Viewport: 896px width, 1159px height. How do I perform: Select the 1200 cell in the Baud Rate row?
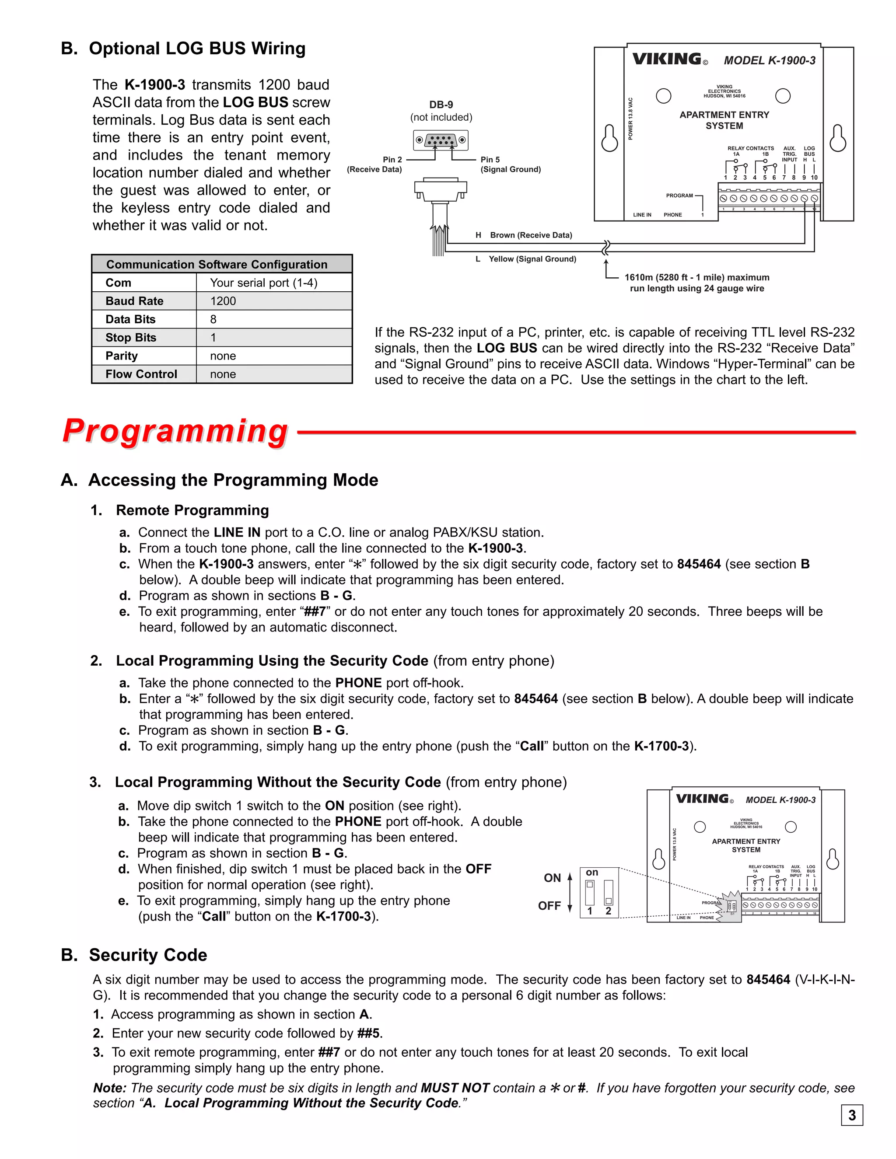(x=223, y=301)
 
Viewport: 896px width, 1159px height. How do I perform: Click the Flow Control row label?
(x=141, y=374)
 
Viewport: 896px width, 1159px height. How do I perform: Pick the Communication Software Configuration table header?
(x=217, y=264)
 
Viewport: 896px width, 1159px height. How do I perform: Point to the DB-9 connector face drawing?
(x=441, y=140)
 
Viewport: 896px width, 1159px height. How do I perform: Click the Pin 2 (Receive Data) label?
(x=375, y=164)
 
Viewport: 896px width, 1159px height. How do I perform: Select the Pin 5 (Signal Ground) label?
(x=510, y=164)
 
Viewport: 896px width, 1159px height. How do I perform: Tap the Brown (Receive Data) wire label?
(x=530, y=235)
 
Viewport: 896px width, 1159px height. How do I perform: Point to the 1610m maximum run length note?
(x=696, y=283)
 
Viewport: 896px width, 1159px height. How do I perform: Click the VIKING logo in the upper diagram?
(x=667, y=59)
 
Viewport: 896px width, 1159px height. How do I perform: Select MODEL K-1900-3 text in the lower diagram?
(x=780, y=800)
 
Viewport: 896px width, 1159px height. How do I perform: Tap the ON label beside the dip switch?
(x=552, y=878)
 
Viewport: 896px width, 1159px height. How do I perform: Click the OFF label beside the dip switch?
(x=549, y=906)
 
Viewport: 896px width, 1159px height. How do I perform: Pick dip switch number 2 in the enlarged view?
(x=608, y=893)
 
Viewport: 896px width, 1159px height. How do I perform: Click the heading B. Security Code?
(x=134, y=955)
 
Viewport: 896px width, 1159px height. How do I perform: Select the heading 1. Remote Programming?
(x=179, y=510)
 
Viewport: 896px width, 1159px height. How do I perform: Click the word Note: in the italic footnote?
(x=110, y=1088)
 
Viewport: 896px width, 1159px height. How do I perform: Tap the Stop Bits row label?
(x=130, y=338)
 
